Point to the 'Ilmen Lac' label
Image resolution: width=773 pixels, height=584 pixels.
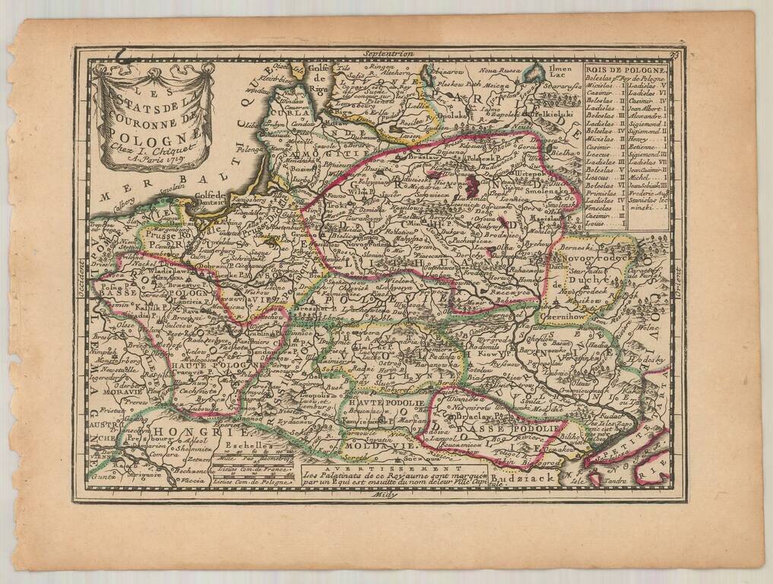[x=558, y=72]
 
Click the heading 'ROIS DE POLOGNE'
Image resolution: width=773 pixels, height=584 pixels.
[x=626, y=70]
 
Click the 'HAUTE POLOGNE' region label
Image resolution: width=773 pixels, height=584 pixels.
[x=207, y=365]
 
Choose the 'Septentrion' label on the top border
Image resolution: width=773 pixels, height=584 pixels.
[x=388, y=54]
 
